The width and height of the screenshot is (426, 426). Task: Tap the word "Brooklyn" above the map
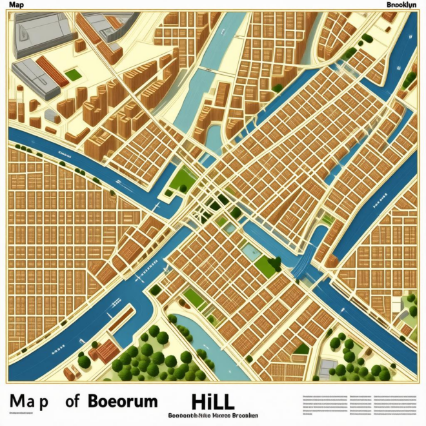pyautogui.click(x=401, y=5)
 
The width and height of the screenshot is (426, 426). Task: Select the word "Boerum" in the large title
pyautogui.click(x=122, y=401)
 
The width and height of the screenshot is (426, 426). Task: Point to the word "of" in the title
pyautogui.click(x=72, y=401)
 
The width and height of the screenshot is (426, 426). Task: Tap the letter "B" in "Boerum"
pyautogui.click(x=93, y=401)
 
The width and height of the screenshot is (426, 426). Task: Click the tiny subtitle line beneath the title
pyautogui.click(x=213, y=416)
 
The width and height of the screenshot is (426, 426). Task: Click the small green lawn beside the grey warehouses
pyautogui.click(x=73, y=75)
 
